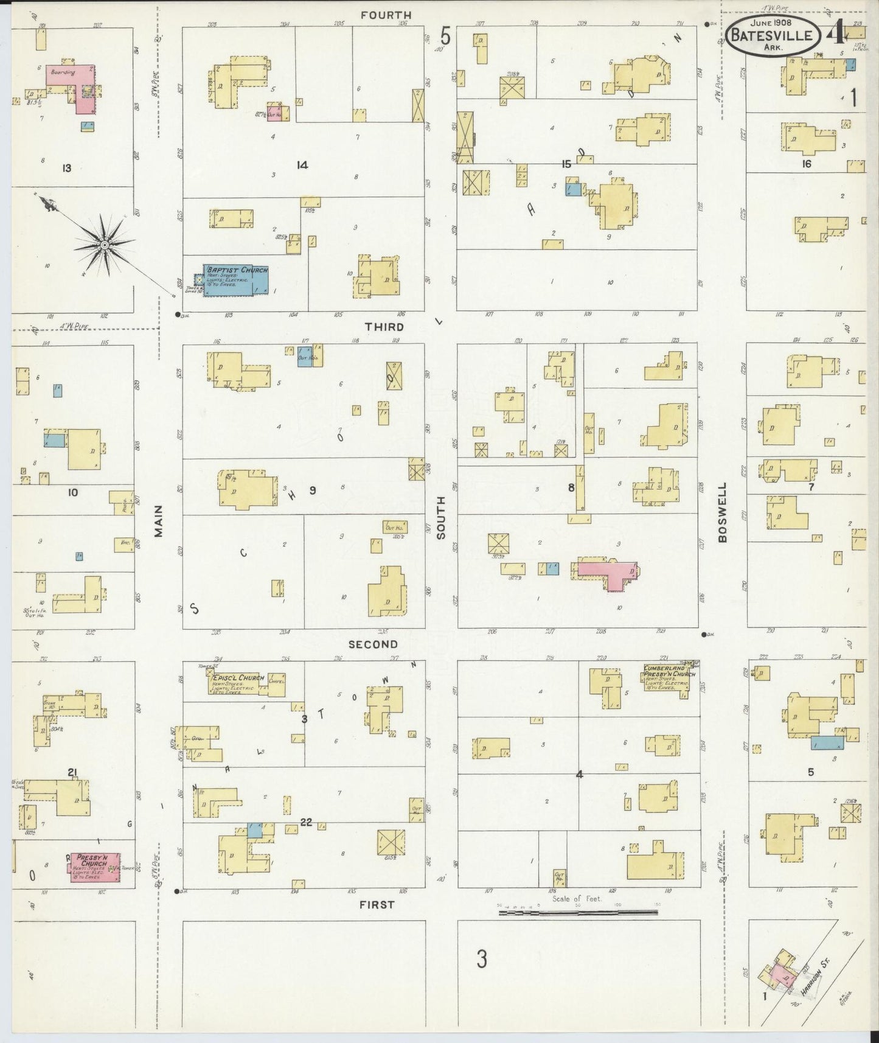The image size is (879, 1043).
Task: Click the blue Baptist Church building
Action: click(x=235, y=280)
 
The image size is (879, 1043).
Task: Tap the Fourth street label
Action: click(x=386, y=15)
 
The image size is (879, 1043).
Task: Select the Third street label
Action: click(x=384, y=327)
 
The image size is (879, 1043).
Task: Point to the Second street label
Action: click(x=373, y=644)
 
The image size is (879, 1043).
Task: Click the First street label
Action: click(x=377, y=904)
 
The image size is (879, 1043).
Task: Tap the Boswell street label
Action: click(x=722, y=512)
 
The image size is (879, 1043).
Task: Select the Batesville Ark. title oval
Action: click(x=771, y=35)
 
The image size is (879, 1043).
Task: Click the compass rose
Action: click(x=105, y=245)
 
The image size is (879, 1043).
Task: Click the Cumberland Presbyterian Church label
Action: click(x=669, y=674)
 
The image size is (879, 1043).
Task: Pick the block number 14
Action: click(x=302, y=164)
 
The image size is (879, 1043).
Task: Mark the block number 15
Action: click(x=566, y=164)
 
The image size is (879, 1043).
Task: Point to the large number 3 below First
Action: click(x=482, y=959)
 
